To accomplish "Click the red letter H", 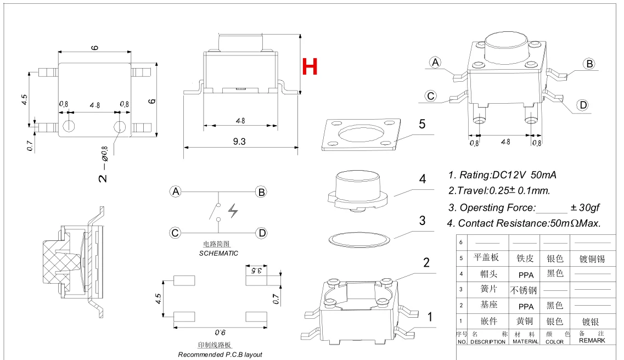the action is (x=310, y=66).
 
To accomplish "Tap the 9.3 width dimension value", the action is (x=239, y=141).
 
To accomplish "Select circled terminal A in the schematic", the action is (x=176, y=192).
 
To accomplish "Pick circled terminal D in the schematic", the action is (x=262, y=233).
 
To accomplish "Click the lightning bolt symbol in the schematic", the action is (x=233, y=210).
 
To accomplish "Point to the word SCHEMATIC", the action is (x=218, y=254).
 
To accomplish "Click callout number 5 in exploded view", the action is (x=422, y=124).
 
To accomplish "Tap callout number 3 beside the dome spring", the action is (x=422, y=221).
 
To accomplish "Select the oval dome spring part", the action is (x=359, y=239).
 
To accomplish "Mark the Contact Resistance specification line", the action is (x=524, y=223).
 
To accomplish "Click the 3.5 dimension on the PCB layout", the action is (x=256, y=271).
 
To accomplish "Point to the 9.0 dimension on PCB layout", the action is (x=220, y=333).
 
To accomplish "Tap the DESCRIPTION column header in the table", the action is (x=488, y=342).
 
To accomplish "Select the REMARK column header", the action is (x=592, y=340).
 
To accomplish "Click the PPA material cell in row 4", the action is (x=526, y=275).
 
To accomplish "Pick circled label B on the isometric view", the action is (x=589, y=64).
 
